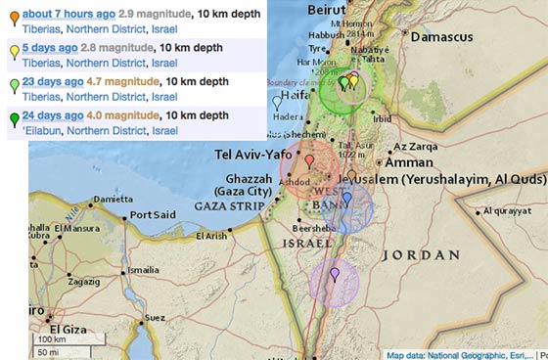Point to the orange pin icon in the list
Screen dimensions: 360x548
(13, 16)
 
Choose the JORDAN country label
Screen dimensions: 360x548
(419, 254)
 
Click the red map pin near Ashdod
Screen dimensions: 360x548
(309, 161)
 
